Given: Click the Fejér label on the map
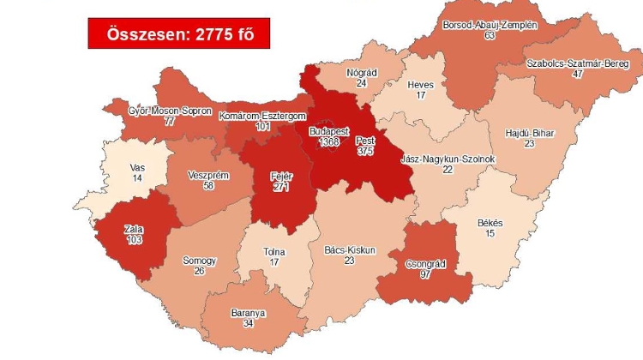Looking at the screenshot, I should [282, 175].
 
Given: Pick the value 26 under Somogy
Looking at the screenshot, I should [199, 272].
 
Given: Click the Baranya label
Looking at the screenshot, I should [248, 313].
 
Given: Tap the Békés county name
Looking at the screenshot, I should [490, 223].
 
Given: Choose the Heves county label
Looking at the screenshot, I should [420, 85].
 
